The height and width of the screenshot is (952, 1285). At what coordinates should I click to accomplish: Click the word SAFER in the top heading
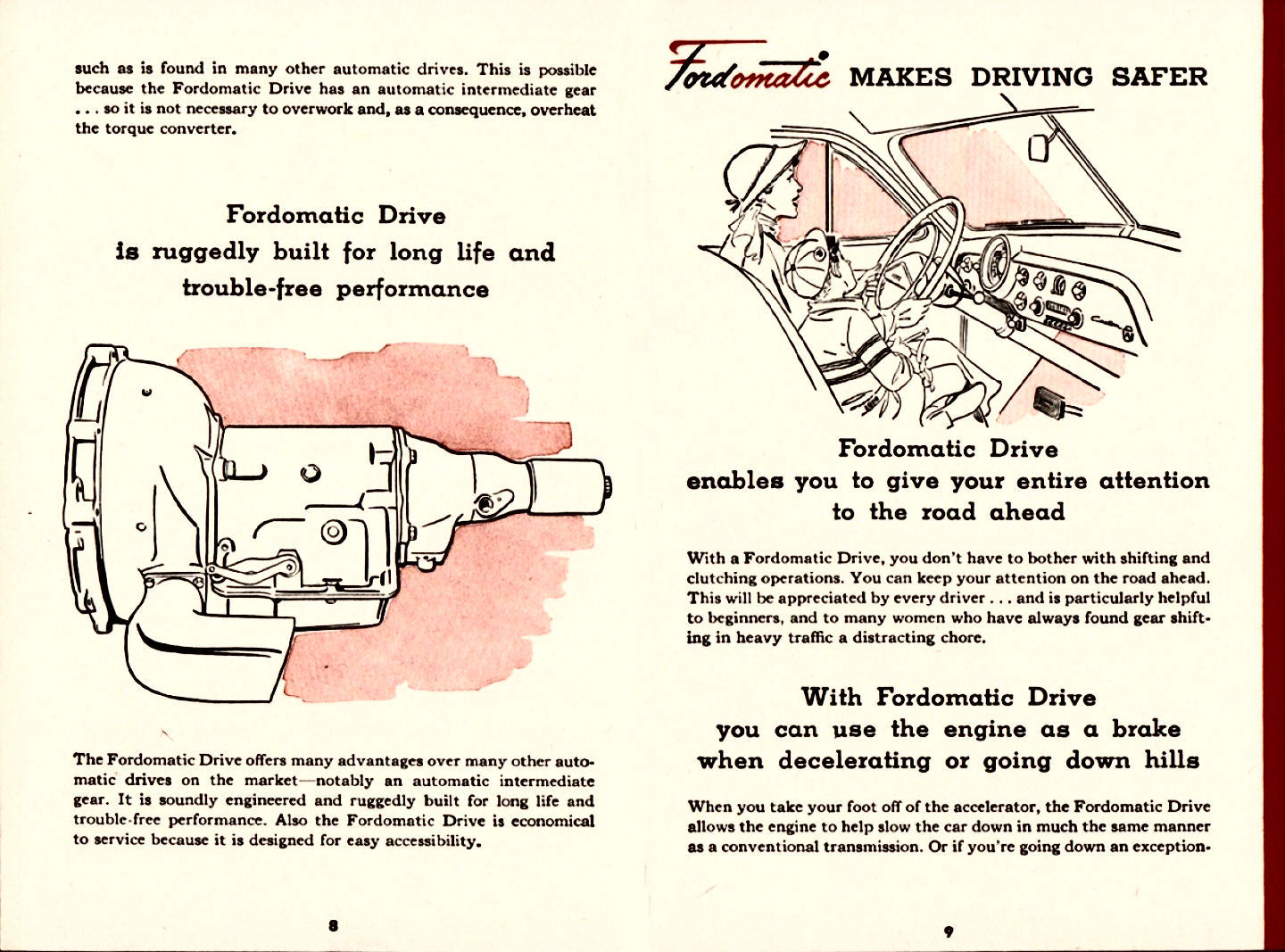1158,78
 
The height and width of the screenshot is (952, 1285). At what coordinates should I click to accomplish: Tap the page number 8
333,925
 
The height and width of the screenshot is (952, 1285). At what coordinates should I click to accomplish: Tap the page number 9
948,931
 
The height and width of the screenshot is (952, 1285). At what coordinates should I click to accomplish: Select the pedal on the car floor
1051,403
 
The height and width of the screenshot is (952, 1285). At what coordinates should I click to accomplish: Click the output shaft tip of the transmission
608,485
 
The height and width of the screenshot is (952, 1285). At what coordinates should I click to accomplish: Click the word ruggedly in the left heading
205,253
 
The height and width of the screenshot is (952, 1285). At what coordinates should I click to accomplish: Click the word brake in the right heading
1146,730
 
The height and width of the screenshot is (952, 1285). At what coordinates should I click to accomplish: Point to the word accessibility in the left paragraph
432,841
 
